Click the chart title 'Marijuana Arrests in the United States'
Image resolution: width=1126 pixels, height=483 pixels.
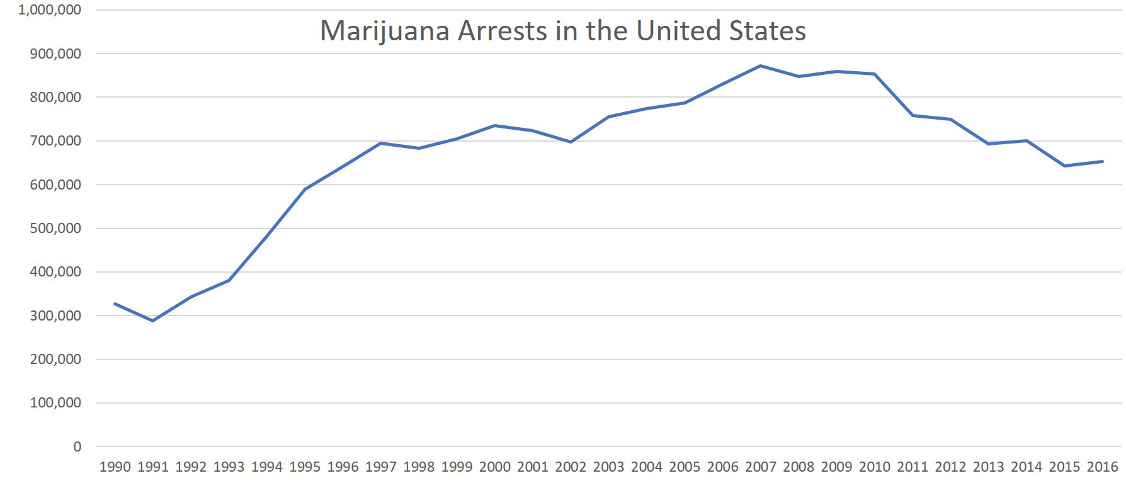562,31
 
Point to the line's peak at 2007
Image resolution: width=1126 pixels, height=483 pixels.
761,65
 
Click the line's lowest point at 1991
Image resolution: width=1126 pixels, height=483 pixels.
153,321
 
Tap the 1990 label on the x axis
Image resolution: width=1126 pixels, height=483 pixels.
115,467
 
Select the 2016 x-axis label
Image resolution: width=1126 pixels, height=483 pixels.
1102,467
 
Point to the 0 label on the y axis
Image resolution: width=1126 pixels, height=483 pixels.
77,447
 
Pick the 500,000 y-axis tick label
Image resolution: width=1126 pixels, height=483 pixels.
55,229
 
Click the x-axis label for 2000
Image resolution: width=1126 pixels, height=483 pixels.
495,467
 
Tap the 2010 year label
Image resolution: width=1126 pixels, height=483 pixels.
875,467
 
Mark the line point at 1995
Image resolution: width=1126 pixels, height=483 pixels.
305,189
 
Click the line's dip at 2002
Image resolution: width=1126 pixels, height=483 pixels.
571,142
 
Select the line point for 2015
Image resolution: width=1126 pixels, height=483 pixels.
1064,166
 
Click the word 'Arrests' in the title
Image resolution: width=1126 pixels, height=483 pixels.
502,31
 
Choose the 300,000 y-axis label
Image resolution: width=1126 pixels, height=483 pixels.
55,316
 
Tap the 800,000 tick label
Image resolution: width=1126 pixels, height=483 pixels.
55,98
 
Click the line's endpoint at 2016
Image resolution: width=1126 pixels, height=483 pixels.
1102,161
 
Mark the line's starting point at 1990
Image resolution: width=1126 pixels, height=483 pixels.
115,304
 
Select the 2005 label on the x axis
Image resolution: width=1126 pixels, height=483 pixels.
685,467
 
